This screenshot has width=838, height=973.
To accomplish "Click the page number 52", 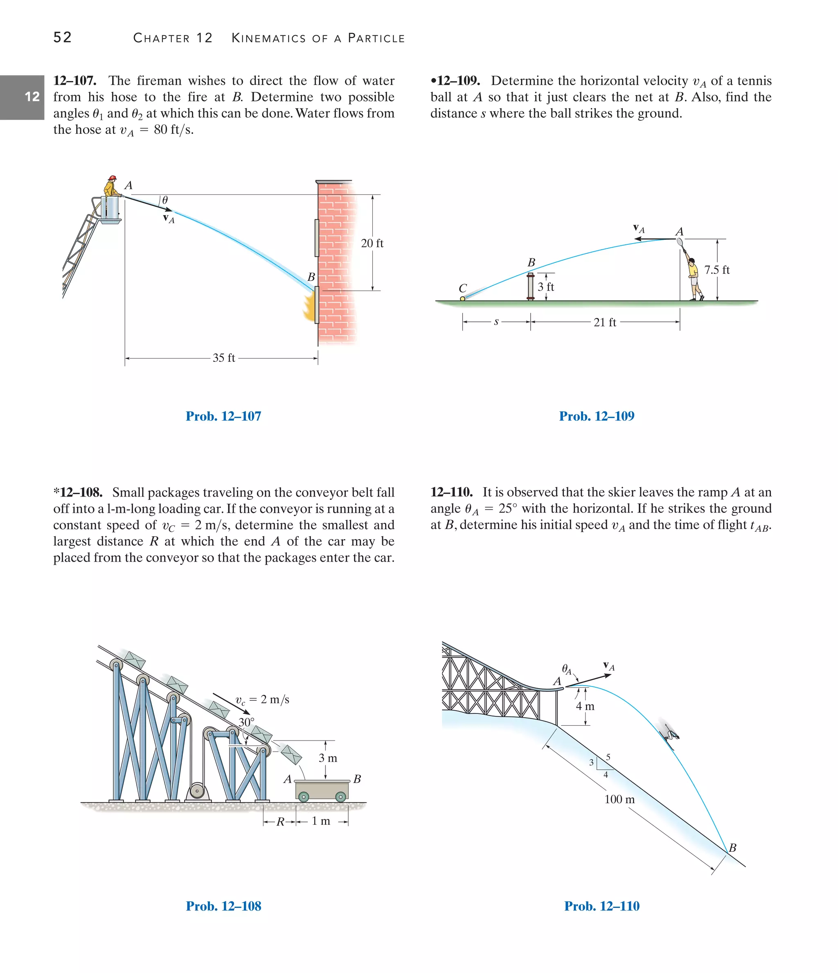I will (x=63, y=37).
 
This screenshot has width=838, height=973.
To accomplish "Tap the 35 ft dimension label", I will (x=223, y=358).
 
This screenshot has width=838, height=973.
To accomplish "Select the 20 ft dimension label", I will (x=372, y=243).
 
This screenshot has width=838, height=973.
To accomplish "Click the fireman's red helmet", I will (x=112, y=178).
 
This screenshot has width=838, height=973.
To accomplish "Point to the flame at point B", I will (x=310, y=307).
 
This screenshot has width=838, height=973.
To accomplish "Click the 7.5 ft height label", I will (x=717, y=270).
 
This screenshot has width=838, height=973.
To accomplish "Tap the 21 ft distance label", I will (x=605, y=323).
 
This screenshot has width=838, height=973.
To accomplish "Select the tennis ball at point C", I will (x=462, y=298).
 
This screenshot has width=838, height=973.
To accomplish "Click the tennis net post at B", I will (x=530, y=287).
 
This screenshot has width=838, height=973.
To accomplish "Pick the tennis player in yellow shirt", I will (x=692, y=277).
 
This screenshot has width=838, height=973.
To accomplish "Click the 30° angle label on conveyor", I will (x=246, y=722).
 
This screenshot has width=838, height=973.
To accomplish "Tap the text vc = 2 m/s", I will (x=262, y=700).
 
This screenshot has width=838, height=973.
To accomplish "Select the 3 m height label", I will (x=328, y=758).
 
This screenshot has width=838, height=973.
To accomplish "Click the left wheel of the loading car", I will (x=304, y=797).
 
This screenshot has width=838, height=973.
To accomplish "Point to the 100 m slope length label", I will (x=619, y=799).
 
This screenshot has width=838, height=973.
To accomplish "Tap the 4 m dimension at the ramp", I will (x=585, y=706).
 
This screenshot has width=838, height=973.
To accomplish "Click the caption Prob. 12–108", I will (x=223, y=906).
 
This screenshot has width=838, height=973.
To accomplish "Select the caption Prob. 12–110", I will (x=601, y=906).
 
